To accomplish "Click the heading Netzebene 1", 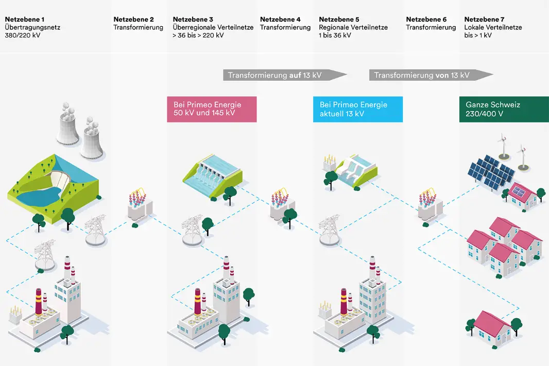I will [25, 20].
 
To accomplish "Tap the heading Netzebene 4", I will [280, 20].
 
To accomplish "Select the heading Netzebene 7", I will [485, 20].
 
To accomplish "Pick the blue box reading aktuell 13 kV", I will [357, 109].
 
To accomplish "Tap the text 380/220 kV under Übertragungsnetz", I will [22, 36].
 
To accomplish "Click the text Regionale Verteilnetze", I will [353, 28].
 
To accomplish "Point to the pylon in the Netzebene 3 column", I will [192, 230].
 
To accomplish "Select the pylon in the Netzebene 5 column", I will [330, 231].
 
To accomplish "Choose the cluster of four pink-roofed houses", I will [504, 245].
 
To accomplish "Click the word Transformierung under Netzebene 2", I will [138, 28].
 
